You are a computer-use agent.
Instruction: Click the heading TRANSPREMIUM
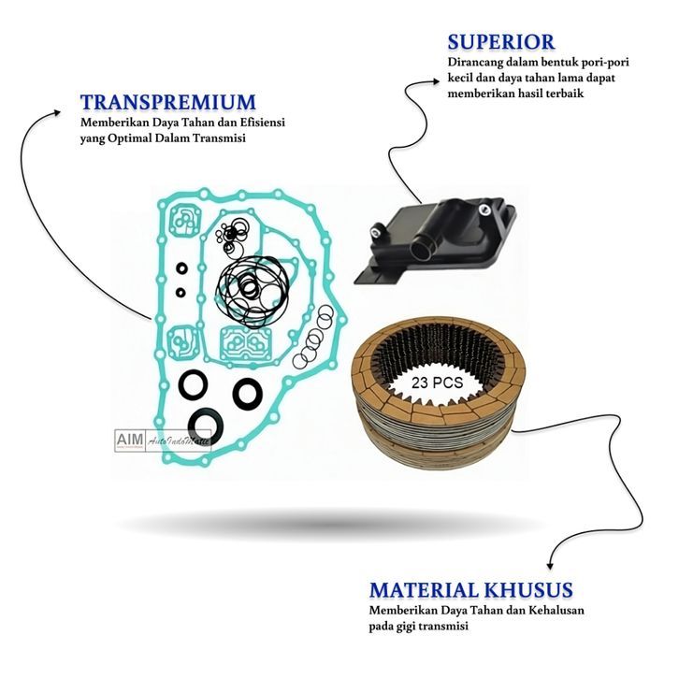coord(166,102)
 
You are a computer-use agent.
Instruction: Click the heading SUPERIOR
coord(500,41)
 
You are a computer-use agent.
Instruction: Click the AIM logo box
coord(126,439)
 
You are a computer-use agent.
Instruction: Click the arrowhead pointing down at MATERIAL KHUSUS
coord(549,563)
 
